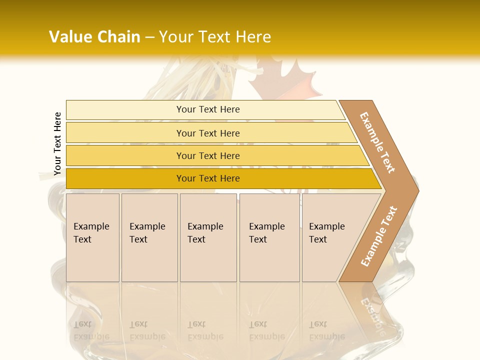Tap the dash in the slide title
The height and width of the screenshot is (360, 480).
[149, 37]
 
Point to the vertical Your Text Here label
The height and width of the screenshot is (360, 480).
[57, 144]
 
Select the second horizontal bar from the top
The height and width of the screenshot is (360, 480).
[207, 133]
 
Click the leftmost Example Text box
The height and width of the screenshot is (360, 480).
[92, 237]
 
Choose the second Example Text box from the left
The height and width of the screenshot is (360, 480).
[149, 237]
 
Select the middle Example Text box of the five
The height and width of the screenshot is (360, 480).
[208, 237]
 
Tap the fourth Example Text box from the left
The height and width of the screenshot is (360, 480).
[269, 237]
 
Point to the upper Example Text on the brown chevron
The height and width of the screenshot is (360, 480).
[377, 142]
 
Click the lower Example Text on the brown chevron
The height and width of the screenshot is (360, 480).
[379, 236]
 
